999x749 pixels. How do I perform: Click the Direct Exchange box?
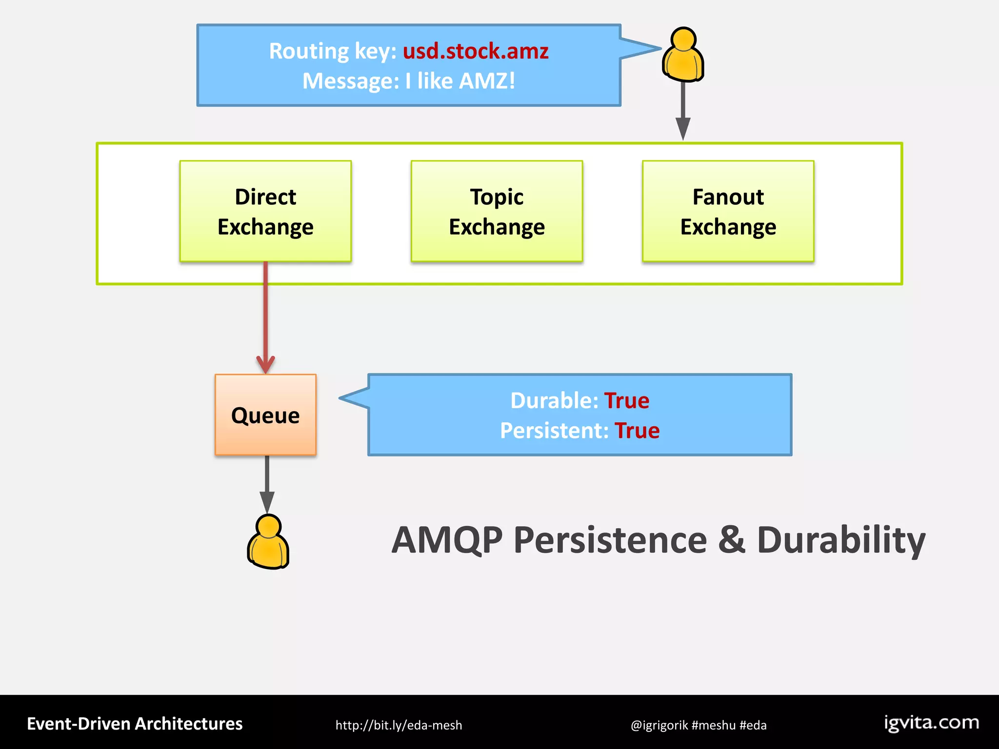pyautogui.click(x=265, y=211)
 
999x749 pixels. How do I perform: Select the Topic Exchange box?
pyautogui.click(x=497, y=211)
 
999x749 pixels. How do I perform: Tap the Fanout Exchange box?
pyautogui.click(x=728, y=211)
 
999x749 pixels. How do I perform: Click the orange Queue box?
pyautogui.click(x=265, y=415)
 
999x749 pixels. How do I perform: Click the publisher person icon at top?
pyautogui.click(x=683, y=55)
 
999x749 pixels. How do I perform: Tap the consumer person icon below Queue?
pyautogui.click(x=268, y=542)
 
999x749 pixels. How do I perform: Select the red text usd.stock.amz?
pyautogui.click(x=476, y=51)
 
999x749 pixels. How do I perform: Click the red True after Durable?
pyautogui.click(x=627, y=401)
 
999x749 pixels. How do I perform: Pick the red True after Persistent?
pyautogui.click(x=637, y=431)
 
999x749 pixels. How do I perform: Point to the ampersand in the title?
pyautogui.click(x=732, y=540)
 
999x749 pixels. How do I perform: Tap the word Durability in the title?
pyautogui.click(x=841, y=540)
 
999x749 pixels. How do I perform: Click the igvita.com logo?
pyautogui.click(x=931, y=723)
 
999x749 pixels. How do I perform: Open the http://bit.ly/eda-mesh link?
pyautogui.click(x=399, y=725)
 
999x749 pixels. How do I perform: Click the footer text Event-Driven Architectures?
pyautogui.click(x=135, y=724)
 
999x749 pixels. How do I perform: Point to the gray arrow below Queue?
pyautogui.click(x=267, y=483)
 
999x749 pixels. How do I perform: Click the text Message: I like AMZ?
pyautogui.click(x=409, y=81)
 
